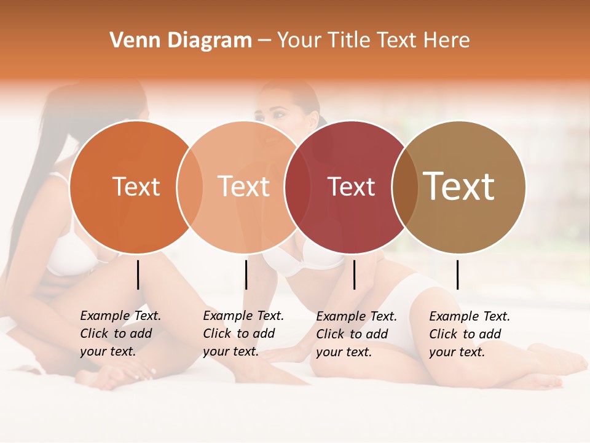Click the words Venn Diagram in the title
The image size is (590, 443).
(181, 41)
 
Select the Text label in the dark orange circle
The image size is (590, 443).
(136, 186)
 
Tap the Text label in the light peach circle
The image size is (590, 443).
(244, 186)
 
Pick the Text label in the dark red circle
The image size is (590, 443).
(351, 186)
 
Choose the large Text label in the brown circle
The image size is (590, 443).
(459, 186)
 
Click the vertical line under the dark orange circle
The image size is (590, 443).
(138, 274)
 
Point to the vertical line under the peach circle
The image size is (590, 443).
(246, 274)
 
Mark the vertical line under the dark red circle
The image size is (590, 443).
(355, 274)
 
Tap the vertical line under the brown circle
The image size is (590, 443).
(458, 274)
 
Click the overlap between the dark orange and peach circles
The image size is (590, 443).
(190, 186)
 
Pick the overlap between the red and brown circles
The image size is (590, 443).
(405, 186)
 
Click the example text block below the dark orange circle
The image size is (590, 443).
(120, 333)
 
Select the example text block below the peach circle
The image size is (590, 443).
(243, 333)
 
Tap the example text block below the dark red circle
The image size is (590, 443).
(356, 334)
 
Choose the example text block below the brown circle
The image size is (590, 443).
(469, 334)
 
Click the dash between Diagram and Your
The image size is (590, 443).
(264, 41)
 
